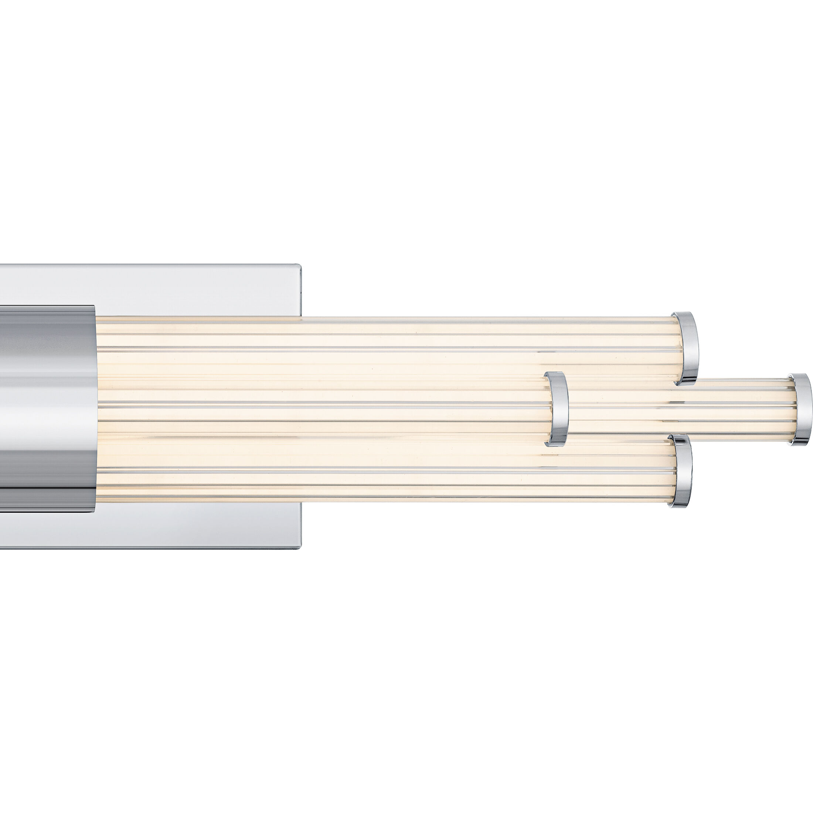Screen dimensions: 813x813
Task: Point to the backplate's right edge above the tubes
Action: click(301, 290)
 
